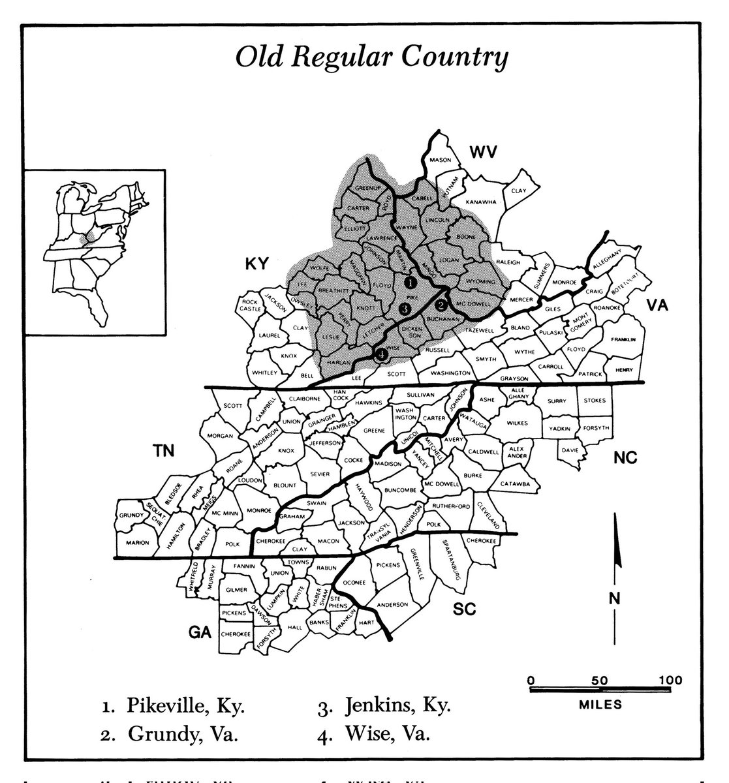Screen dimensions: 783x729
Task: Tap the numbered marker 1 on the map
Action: pos(410,282)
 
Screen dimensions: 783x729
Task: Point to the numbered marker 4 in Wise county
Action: pos(380,354)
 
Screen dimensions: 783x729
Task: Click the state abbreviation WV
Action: pos(483,153)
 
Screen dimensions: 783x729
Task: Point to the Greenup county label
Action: pos(367,188)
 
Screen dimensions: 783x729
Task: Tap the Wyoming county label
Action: pos(480,281)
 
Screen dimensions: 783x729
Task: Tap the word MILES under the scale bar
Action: pos(600,705)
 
